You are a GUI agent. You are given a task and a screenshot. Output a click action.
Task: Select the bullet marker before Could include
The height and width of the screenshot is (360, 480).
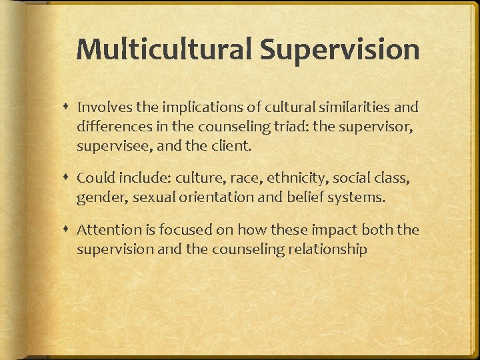point(67,178)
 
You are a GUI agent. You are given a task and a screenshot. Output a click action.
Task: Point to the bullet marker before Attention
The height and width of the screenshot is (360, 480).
point(67,230)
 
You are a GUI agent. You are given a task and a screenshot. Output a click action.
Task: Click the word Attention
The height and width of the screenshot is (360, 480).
point(105,231)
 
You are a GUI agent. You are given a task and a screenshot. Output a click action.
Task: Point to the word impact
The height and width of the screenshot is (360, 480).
point(331,231)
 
